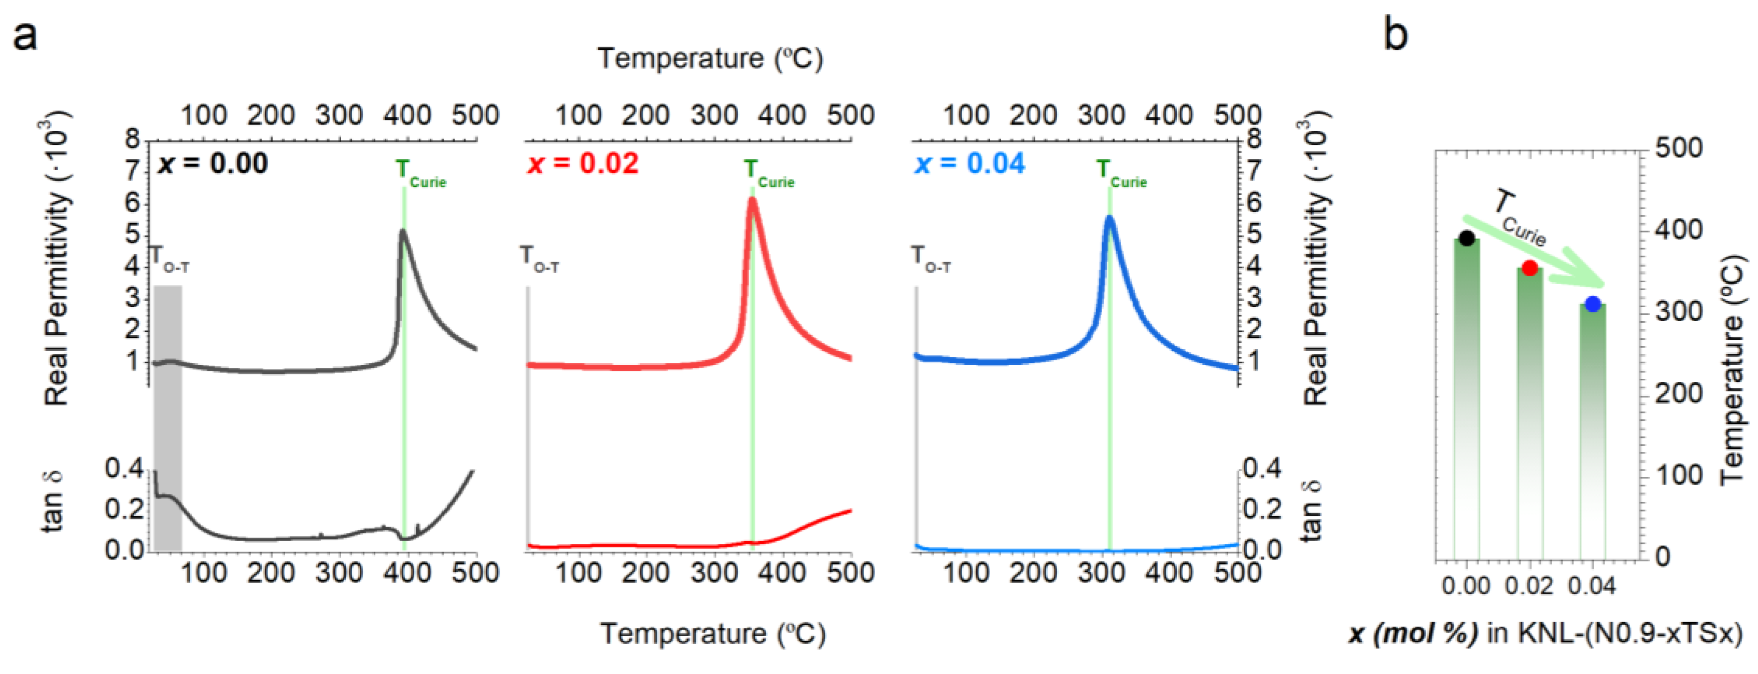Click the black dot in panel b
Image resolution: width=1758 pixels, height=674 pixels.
1467,238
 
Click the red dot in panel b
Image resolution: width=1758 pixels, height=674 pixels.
1529,268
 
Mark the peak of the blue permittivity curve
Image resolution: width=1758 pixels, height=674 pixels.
1109,218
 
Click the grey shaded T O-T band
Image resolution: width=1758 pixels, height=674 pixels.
168,417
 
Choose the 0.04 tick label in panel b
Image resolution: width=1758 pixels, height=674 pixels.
1592,586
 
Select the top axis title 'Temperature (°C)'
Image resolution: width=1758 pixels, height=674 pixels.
710,59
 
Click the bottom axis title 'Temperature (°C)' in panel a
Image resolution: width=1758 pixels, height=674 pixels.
712,634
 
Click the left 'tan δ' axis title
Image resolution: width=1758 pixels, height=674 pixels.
52,502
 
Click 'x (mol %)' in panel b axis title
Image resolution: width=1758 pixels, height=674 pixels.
1413,634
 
